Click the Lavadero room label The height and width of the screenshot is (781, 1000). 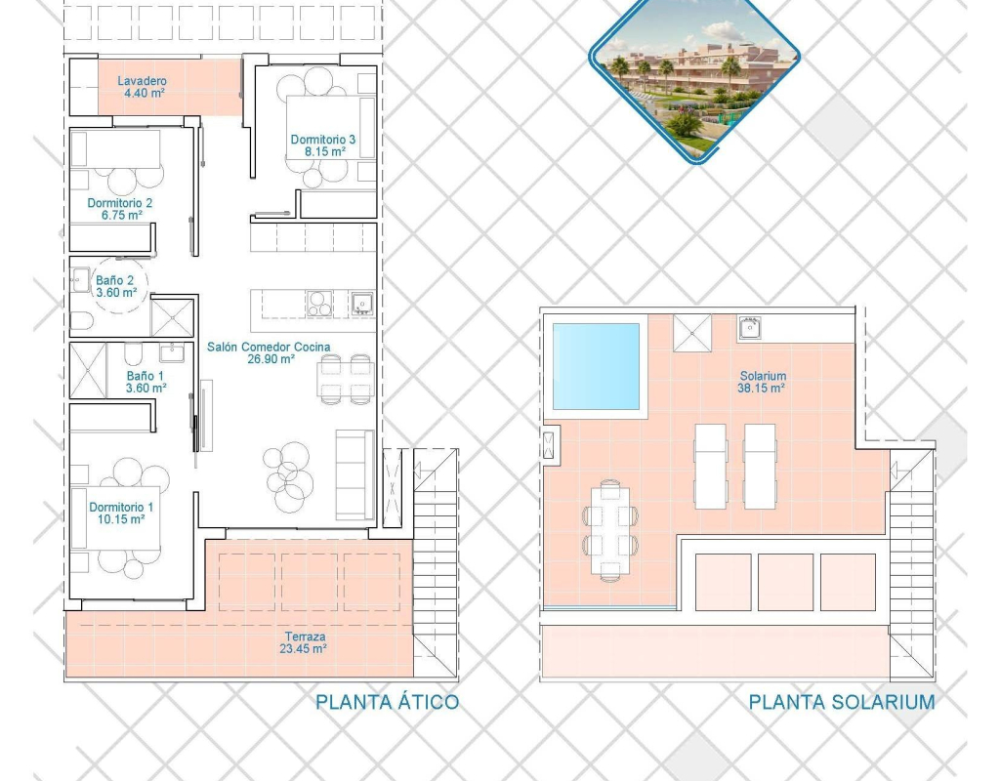[x=142, y=81]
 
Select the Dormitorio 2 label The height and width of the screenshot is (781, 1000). [x=120, y=203]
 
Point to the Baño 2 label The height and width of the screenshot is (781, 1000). [x=115, y=280]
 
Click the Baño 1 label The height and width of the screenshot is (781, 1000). [x=146, y=376]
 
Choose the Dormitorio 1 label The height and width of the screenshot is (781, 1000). [x=121, y=507]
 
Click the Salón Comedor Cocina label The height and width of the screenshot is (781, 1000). [x=269, y=347]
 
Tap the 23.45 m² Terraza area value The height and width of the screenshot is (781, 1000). [x=303, y=649]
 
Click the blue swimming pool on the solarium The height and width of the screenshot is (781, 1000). [x=596, y=366]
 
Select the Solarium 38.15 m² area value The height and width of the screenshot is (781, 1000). [x=761, y=388]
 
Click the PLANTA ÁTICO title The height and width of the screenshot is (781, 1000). [x=387, y=702]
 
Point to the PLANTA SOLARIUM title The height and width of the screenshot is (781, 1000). [x=842, y=702]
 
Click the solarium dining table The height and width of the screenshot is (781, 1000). [x=609, y=531]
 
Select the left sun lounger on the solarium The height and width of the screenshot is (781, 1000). [x=711, y=466]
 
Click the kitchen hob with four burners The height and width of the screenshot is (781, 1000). [x=319, y=304]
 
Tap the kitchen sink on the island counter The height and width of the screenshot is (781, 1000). [x=362, y=304]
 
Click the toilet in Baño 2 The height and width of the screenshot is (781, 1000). [x=82, y=322]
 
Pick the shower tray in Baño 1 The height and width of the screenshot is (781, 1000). [x=87, y=370]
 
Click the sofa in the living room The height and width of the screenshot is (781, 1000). [x=355, y=475]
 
